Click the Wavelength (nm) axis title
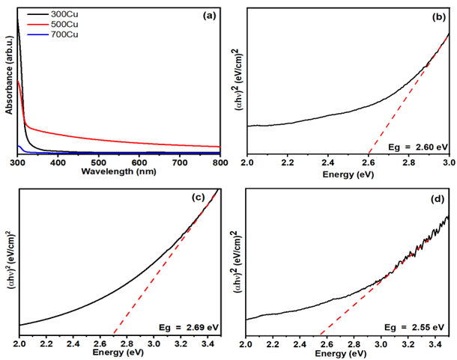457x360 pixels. tap(119, 171)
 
